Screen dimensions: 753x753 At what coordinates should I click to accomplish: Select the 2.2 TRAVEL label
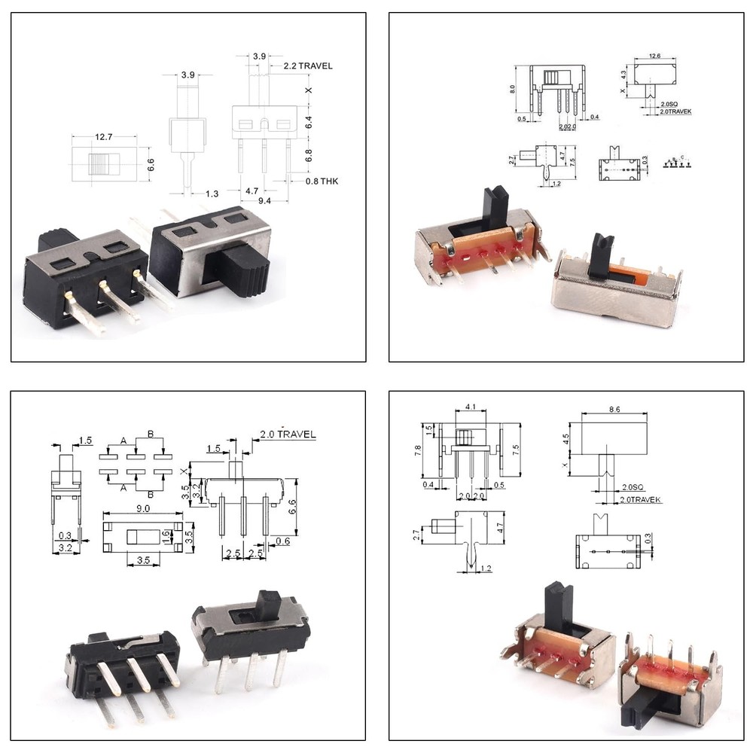click(x=307, y=66)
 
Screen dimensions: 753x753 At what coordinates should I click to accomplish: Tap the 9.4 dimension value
click(x=265, y=201)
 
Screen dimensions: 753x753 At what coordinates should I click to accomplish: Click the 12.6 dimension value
click(x=654, y=56)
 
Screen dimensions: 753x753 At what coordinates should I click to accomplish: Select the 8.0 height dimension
click(x=513, y=88)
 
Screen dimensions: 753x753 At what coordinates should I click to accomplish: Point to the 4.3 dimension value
click(x=623, y=74)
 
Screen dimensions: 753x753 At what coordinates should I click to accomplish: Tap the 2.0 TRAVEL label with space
click(x=288, y=434)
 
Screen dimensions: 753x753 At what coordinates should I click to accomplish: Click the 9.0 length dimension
click(x=142, y=509)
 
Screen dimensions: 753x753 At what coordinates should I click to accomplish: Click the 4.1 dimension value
click(x=471, y=407)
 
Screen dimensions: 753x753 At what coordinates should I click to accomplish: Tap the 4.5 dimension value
click(x=566, y=437)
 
